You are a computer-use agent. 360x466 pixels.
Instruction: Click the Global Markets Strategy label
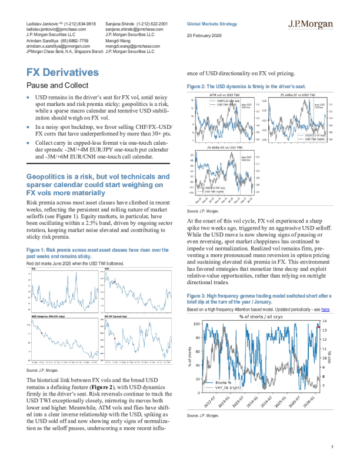pyautogui.click(x=212, y=24)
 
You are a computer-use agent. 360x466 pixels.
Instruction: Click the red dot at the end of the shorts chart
pyautogui.click(x=318, y=326)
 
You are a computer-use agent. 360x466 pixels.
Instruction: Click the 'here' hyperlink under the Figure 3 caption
pyautogui.click(x=325, y=308)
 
